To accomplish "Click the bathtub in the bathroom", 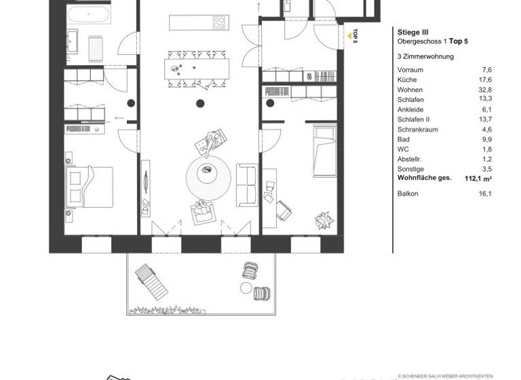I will pos(90,15).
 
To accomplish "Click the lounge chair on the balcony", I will pos(151,281).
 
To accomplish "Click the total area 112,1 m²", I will pos(478,178).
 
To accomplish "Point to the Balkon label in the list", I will pos(408,193).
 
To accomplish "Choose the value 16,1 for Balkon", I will pos(485,193).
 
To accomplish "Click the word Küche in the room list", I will pos(408,79).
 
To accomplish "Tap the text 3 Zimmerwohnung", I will pos(425,56).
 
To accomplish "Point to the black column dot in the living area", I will pos(200,104).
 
